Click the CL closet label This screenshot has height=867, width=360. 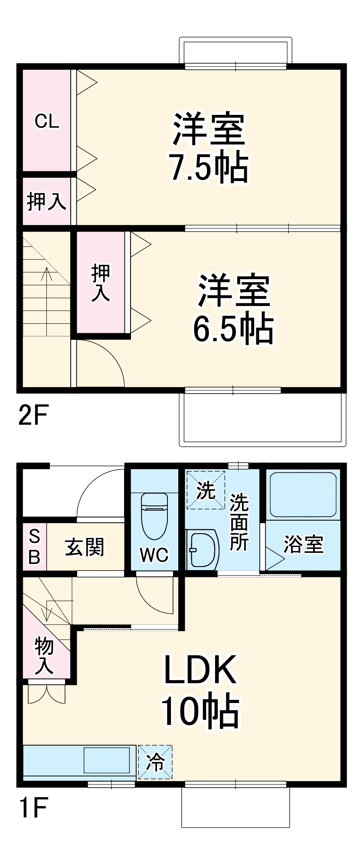(x=46, y=121)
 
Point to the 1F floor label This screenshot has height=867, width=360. (x=33, y=806)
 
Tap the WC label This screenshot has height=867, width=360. (x=154, y=554)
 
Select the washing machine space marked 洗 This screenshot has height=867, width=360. (x=206, y=490)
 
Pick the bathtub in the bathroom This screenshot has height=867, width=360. (x=303, y=494)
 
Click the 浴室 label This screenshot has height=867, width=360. (x=303, y=544)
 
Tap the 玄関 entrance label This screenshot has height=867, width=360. (x=85, y=547)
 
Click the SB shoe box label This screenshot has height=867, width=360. (x=34, y=547)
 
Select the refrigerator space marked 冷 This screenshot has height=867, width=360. (x=155, y=762)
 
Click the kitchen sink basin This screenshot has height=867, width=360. (x=107, y=760)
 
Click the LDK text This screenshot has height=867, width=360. (x=200, y=670)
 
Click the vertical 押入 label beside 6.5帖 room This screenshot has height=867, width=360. (x=101, y=283)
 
